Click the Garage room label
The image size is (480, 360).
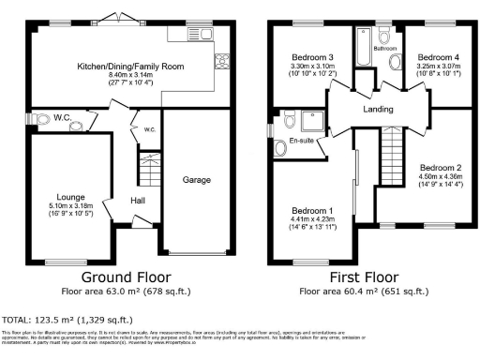[196, 180]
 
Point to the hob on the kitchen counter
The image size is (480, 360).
[223, 65]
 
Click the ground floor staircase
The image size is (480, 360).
[146, 169]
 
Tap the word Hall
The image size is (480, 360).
[137, 201]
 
